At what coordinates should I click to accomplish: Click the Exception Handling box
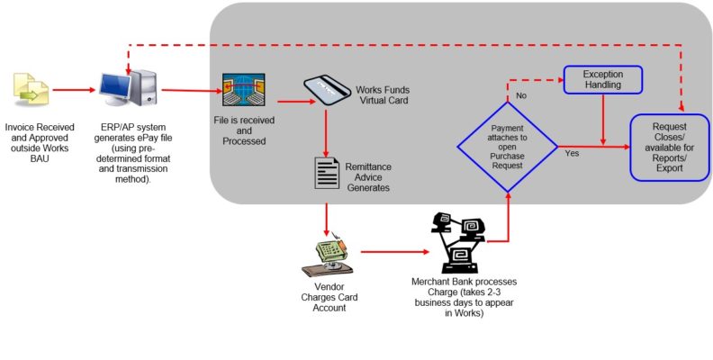point(603,80)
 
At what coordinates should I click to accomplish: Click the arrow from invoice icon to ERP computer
point(74,90)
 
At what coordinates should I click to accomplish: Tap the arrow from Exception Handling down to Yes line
point(602,118)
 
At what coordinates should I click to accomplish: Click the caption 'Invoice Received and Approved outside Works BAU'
point(40,139)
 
